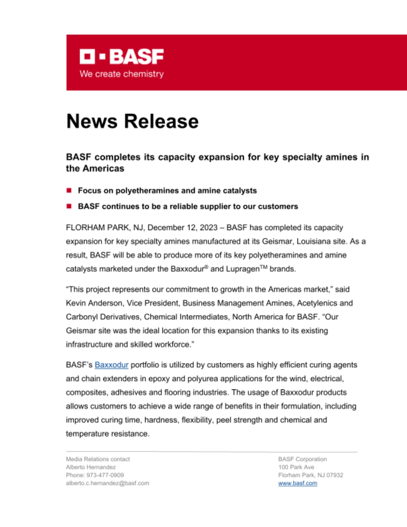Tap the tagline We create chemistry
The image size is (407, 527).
(x=121, y=74)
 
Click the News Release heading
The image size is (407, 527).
(x=132, y=121)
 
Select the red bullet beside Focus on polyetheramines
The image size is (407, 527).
(x=69, y=191)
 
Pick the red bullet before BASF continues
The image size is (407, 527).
(x=69, y=206)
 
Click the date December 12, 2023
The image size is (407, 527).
(x=182, y=228)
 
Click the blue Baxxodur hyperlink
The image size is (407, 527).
(x=111, y=365)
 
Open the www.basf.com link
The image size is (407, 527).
(x=298, y=483)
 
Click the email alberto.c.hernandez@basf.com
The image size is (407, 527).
(x=107, y=483)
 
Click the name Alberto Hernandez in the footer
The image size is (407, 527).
(x=91, y=467)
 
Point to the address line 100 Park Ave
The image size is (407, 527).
(x=296, y=467)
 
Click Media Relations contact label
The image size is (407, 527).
(x=98, y=459)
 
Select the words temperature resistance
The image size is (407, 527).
(x=107, y=434)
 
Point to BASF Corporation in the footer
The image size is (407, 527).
(x=302, y=459)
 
